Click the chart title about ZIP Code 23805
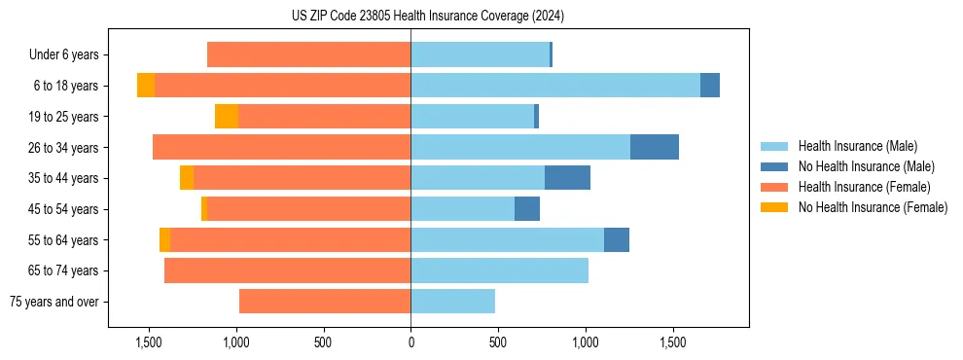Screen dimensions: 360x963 [428, 17]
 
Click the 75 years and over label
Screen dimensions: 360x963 [54, 302]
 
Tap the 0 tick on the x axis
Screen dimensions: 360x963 [410, 342]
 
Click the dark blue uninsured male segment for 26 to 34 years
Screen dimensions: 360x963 [655, 147]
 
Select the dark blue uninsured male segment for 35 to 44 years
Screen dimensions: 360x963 [567, 178]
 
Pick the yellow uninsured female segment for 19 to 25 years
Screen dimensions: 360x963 [227, 117]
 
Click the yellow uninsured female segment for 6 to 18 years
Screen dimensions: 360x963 [146, 86]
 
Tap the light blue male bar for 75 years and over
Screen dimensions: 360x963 [452, 302]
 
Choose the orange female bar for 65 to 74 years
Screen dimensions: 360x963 [287, 270]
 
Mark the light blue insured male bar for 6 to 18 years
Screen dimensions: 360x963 [554, 86]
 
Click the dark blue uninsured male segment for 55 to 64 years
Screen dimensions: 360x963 [617, 239]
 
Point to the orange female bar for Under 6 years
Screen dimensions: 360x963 [308, 55]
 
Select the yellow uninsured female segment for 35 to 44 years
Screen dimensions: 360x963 [187, 178]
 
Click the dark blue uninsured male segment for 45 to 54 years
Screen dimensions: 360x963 [527, 209]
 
